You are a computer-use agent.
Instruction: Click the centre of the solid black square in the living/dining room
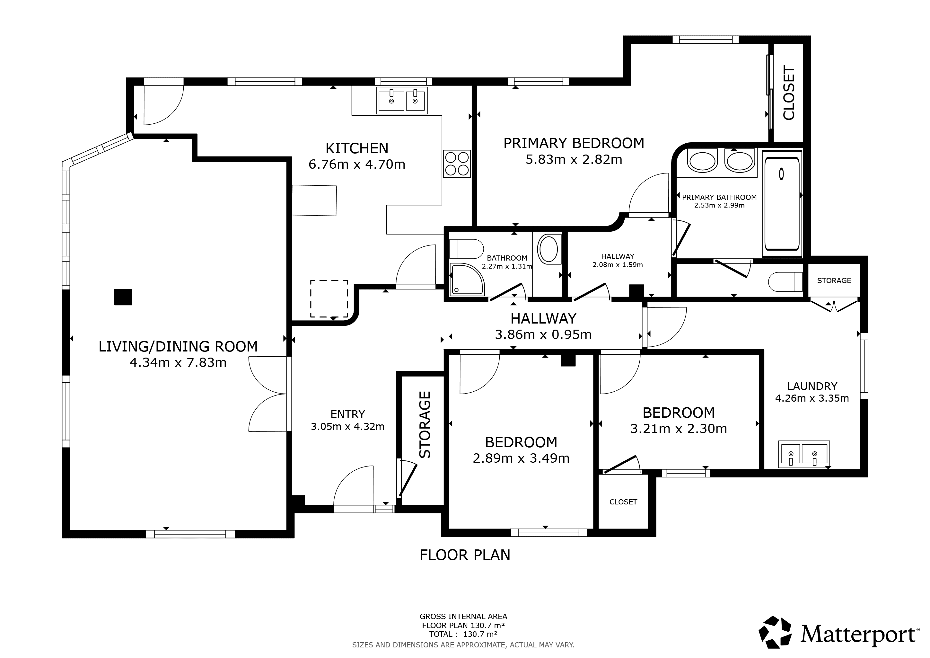[x=123, y=297]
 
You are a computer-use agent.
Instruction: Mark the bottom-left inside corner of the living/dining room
[x=70, y=529]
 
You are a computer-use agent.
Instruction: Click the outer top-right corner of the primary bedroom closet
[x=811, y=36]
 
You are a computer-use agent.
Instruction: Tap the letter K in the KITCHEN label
[x=330, y=148]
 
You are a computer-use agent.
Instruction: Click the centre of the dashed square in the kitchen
[x=329, y=298]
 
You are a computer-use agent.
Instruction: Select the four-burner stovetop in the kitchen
[x=457, y=164]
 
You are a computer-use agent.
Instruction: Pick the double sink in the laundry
[x=803, y=454]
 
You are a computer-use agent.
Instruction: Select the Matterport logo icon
[x=775, y=644]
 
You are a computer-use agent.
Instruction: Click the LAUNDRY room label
[x=812, y=386]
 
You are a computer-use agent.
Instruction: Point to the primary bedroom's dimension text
[x=574, y=160]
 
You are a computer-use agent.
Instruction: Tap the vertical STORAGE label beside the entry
[x=425, y=425]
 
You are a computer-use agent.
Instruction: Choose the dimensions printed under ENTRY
[x=347, y=426]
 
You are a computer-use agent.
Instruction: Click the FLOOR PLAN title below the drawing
[x=465, y=555]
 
